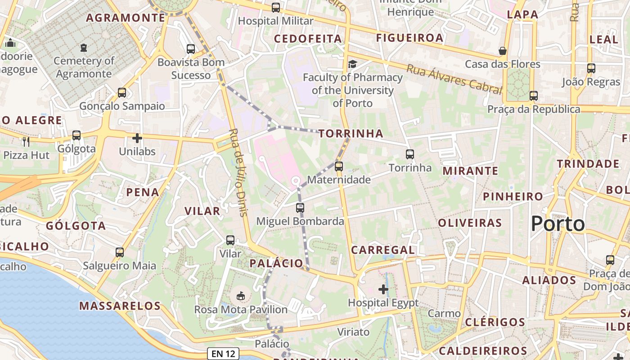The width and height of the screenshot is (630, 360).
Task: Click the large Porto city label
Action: (558, 224)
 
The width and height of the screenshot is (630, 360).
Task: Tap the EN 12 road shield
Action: (224, 354)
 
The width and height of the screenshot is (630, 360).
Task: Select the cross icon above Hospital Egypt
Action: (383, 289)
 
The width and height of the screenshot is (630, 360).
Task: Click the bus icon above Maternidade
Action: (339, 166)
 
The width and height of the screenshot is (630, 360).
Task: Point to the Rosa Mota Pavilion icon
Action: (241, 296)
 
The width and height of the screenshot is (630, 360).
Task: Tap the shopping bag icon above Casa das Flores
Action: (502, 51)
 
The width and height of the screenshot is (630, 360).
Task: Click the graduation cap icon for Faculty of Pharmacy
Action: (352, 64)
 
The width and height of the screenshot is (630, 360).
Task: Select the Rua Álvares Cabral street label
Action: (454, 79)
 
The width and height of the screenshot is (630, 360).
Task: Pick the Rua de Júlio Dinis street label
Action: (238, 172)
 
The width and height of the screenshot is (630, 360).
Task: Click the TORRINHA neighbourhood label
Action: (351, 133)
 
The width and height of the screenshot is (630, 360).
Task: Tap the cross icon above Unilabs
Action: (137, 138)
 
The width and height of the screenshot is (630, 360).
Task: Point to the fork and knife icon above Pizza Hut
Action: (26, 141)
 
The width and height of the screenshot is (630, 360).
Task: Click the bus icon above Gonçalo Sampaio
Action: (122, 93)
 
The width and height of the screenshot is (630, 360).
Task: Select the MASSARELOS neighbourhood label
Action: (120, 306)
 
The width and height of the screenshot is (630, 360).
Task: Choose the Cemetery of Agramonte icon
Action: (83, 47)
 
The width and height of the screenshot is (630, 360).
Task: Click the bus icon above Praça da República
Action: (534, 95)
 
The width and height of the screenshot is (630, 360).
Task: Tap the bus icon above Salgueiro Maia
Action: (119, 252)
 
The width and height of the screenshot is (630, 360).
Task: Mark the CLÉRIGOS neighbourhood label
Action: (495, 322)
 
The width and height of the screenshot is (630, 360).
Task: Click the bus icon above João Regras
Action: (591, 68)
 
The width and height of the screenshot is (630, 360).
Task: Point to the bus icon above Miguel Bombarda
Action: (300, 208)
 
